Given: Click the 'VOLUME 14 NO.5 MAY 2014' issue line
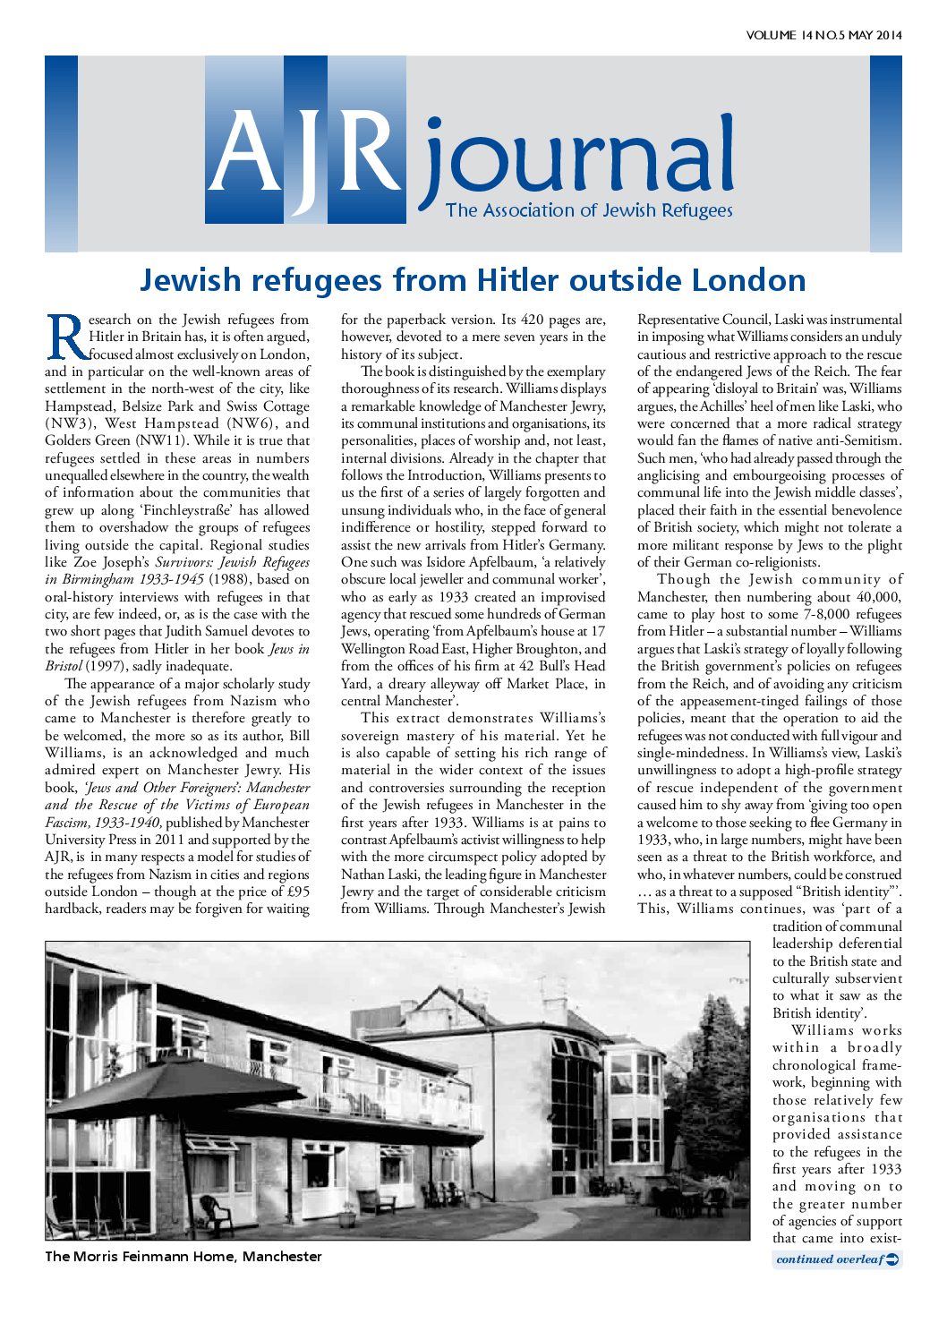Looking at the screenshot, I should (823, 36).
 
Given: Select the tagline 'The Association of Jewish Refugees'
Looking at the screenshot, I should (589, 211).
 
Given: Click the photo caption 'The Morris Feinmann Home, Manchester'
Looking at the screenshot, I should (183, 1257).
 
